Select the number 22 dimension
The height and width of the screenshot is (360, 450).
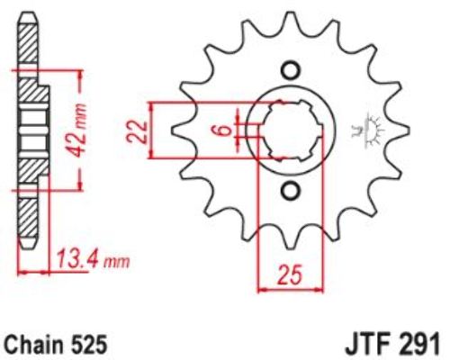[x=137, y=131]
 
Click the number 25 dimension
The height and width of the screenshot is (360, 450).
[x=291, y=274]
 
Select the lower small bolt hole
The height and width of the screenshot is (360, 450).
[x=290, y=191]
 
